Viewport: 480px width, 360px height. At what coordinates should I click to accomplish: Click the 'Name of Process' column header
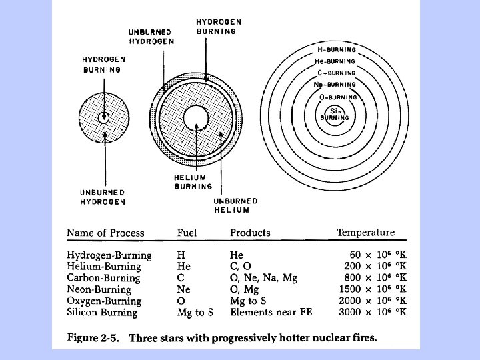tap(105, 233)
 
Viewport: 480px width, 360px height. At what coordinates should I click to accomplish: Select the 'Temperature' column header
tap(365, 233)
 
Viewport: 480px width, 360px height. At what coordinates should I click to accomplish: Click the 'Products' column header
tap(250, 233)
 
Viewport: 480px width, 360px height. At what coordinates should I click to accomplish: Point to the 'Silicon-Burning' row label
tap(102, 312)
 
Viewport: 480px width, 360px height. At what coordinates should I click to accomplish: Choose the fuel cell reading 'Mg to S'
tap(195, 312)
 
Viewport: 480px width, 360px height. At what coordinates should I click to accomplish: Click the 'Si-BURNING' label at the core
tap(335, 114)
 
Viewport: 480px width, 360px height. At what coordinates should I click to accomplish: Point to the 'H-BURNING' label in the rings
tap(335, 50)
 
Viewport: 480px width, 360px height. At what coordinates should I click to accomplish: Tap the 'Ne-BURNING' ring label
tap(335, 85)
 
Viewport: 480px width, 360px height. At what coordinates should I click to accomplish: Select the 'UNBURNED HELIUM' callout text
tap(235, 205)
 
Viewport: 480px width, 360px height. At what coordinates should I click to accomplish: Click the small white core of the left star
tap(103, 118)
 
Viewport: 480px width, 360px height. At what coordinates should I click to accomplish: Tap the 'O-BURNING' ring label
tap(338, 97)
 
